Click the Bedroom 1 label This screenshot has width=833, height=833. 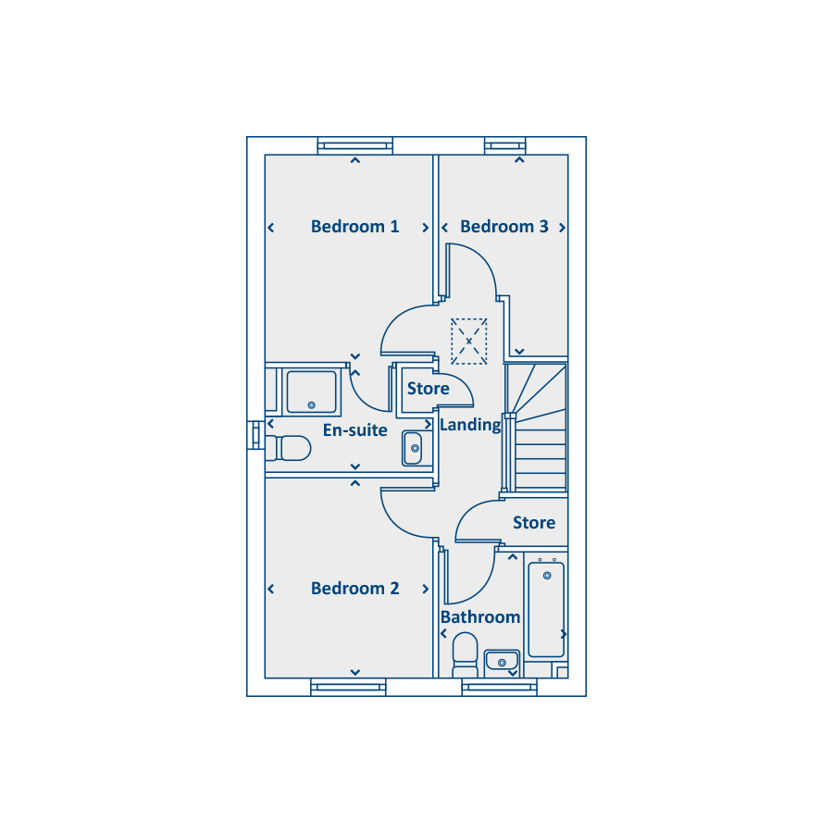point(354,227)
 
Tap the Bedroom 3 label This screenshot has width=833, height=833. point(504,227)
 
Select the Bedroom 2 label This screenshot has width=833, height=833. point(354,589)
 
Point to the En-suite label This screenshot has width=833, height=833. point(354,430)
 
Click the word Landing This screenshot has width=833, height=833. point(470,425)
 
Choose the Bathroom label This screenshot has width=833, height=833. point(480,617)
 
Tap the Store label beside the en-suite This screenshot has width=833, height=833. point(428,389)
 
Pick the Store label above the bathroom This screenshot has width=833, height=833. point(534,523)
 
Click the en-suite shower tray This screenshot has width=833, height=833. point(312,392)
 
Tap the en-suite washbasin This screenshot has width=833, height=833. point(414,448)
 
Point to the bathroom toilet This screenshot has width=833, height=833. point(465,653)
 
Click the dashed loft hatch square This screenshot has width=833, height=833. point(469,342)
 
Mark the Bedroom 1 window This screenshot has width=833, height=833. point(355,145)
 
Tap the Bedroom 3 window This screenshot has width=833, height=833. point(505,145)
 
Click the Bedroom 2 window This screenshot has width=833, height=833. point(347,687)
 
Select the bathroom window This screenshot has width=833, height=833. point(499,687)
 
